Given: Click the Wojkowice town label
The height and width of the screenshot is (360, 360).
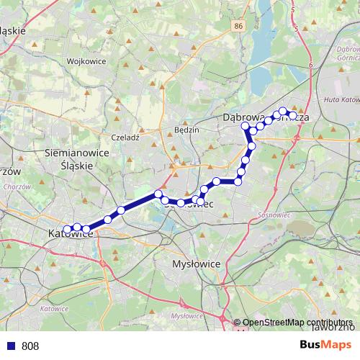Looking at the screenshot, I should (86, 61).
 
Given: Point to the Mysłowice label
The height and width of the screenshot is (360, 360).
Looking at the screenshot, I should (197, 264).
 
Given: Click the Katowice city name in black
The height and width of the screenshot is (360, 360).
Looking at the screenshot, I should (68, 233).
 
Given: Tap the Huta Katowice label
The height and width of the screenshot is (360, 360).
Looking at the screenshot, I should (341, 100).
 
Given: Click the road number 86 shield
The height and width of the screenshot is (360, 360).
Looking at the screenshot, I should (238, 25).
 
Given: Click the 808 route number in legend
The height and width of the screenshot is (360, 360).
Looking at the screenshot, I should (30, 346).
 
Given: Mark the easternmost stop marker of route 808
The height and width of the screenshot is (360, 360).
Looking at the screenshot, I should (293, 115).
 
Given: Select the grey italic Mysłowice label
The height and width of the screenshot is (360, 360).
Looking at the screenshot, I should (186, 315).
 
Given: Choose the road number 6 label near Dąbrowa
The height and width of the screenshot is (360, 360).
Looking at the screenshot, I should (311, 64).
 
